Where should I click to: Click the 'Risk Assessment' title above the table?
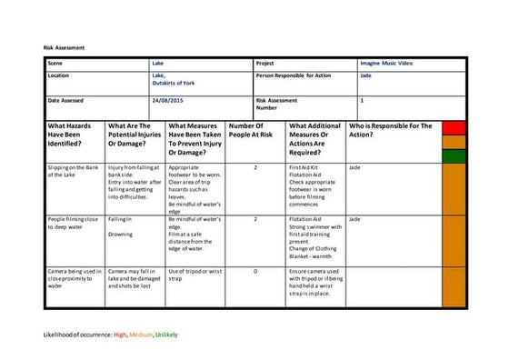click(64, 47)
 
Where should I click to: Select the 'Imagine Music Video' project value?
click(385, 64)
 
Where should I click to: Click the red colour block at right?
click(454, 127)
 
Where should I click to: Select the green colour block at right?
click(454, 155)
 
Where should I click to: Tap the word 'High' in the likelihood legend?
click(120, 335)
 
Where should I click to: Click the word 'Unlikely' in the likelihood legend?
click(166, 335)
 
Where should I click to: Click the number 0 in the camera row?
click(255, 271)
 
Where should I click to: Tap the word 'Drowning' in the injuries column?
click(122, 234)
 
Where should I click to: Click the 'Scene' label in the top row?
click(55, 64)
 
